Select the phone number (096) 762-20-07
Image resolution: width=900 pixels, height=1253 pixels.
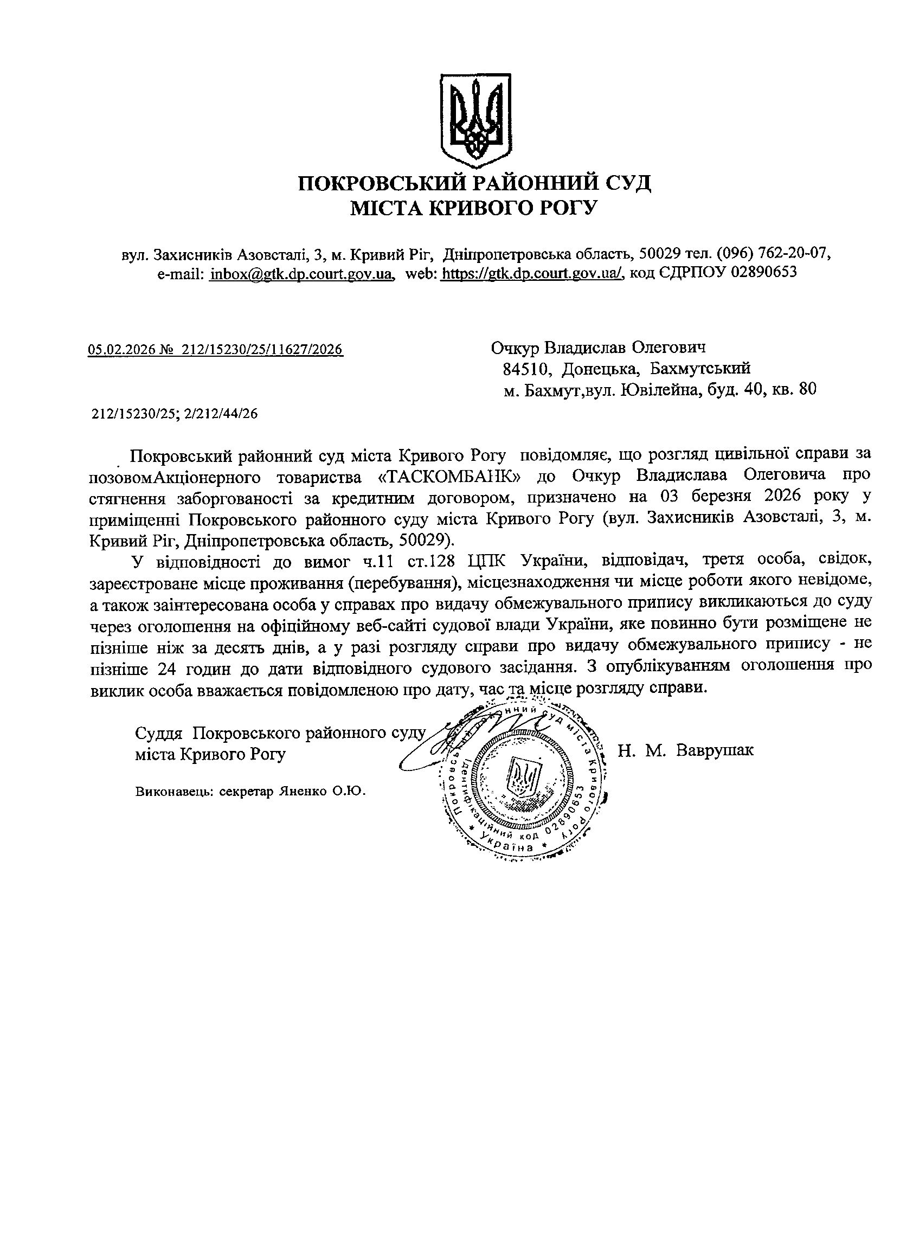click(774, 254)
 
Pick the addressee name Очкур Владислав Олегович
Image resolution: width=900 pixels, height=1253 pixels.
click(599, 348)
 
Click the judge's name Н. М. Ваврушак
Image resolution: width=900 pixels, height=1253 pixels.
click(686, 750)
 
